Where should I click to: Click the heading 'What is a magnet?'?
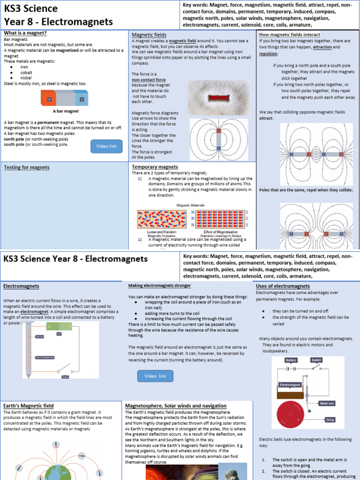25,33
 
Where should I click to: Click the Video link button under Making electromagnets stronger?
155,376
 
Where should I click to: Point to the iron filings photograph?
219,97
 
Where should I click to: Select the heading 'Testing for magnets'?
26,167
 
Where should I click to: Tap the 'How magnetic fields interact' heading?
290,35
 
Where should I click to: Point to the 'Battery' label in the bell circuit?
292,360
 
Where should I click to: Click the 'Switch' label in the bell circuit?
316,360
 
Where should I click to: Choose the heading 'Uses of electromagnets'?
283,286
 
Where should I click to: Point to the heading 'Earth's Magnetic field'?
29,405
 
